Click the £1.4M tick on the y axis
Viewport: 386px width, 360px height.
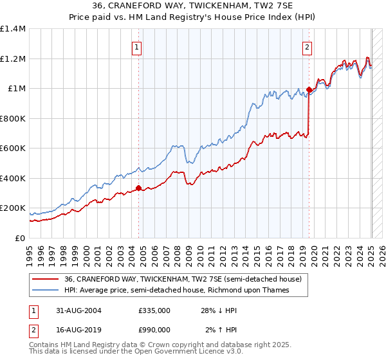13,29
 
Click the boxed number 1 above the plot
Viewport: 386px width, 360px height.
138,46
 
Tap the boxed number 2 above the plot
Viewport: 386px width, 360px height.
308,46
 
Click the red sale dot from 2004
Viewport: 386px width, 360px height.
138,188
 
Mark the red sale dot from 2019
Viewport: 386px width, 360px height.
309,90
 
